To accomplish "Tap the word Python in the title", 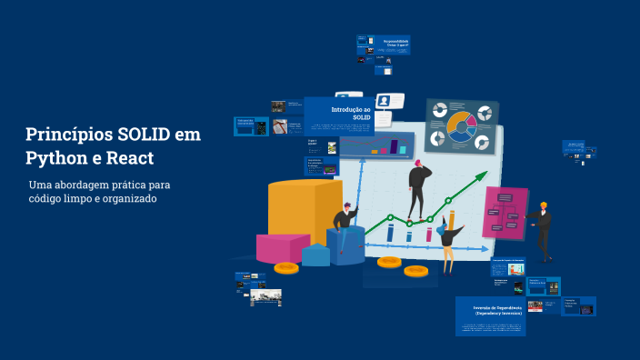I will click(53, 157).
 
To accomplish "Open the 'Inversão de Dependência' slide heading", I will click(491, 310).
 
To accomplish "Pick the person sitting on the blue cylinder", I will click(345, 221).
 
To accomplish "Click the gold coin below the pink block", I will click(286, 267).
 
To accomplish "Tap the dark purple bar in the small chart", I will click(395, 145).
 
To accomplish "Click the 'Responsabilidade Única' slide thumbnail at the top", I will click(395, 43).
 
